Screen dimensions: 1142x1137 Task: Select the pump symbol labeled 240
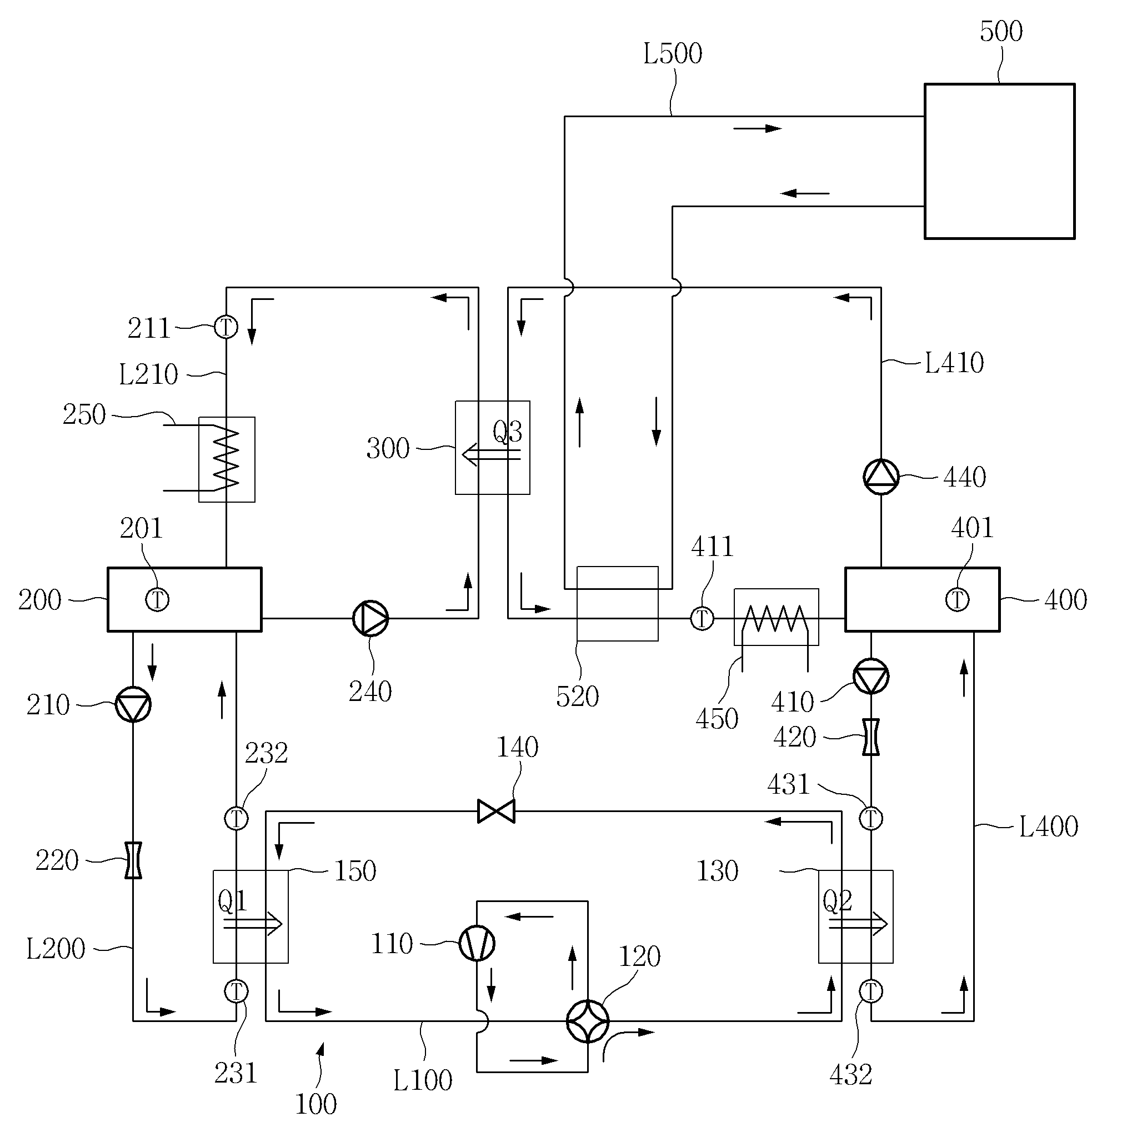tap(370, 618)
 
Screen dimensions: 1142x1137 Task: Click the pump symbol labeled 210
tap(133, 704)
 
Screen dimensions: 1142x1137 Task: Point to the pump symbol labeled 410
tap(871, 677)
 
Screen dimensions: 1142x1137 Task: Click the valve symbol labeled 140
tap(496, 811)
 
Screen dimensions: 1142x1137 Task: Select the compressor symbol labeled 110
tap(477, 943)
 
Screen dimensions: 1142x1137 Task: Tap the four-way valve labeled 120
tap(588, 1021)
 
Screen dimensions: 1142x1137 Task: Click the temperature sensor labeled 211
tap(226, 326)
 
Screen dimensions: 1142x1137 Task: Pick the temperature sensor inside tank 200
tap(157, 599)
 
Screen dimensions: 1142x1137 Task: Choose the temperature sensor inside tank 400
tap(958, 599)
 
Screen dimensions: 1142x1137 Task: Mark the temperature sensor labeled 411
tap(702, 618)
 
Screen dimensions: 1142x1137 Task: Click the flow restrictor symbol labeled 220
tap(133, 860)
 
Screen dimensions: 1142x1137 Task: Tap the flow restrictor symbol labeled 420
tap(871, 737)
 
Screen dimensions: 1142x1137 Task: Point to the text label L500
tap(673, 54)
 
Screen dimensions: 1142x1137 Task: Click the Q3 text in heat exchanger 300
tap(507, 432)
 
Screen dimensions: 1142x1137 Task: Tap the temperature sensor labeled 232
tap(237, 819)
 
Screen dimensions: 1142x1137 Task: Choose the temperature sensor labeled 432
tap(871, 991)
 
